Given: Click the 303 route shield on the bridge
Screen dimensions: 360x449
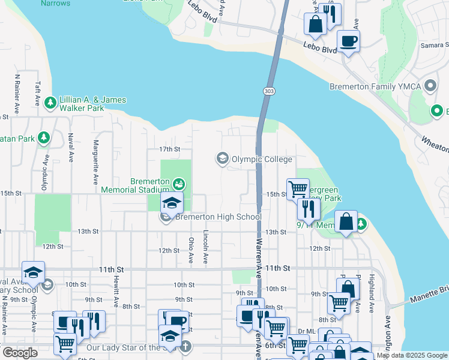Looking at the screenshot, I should point(268,91).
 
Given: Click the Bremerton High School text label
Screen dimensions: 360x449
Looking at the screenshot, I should point(218,217).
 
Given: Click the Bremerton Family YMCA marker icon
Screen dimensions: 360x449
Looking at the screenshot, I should point(429,86).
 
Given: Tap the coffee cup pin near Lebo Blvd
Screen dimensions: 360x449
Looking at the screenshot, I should point(348,41).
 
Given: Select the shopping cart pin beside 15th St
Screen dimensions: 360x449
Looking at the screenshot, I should point(297,190).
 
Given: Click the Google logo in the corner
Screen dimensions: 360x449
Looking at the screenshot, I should point(20,353).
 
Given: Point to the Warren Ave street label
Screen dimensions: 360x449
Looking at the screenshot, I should point(259,257).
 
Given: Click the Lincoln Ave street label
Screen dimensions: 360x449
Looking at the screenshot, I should point(206,247).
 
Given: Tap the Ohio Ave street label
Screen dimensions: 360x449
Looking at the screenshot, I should point(191,250).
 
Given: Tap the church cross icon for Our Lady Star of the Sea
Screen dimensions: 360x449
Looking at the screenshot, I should point(186,346).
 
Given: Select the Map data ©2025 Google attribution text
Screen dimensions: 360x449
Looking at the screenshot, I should point(412,355).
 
